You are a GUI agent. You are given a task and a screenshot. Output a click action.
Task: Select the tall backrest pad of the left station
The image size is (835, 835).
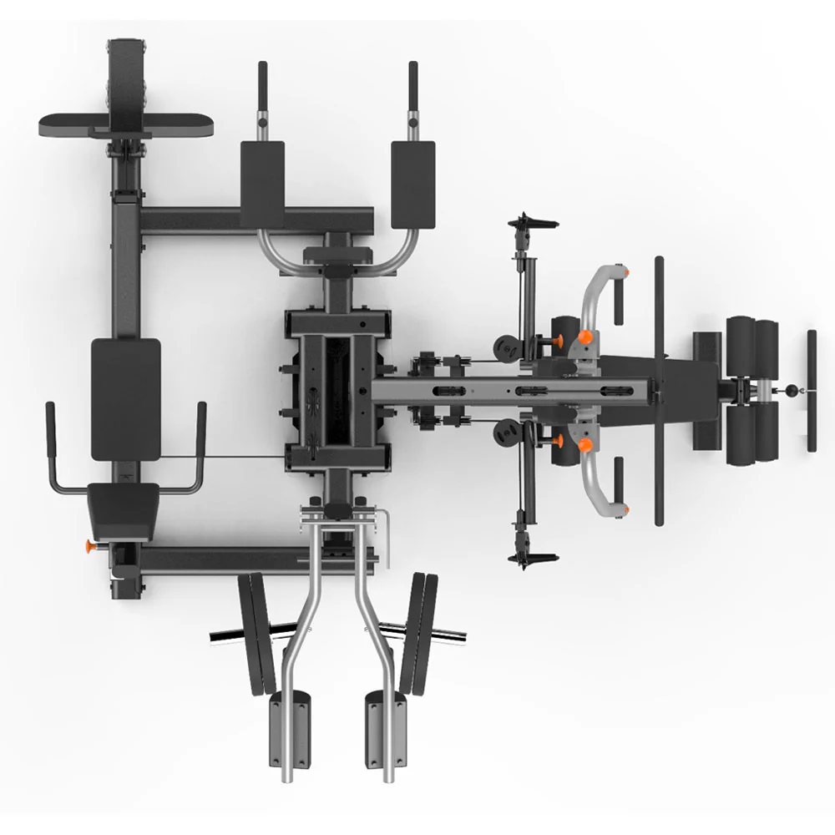pyautogui.click(x=125, y=398)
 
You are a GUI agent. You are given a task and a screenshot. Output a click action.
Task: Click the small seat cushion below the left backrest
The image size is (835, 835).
pyautogui.click(x=124, y=509)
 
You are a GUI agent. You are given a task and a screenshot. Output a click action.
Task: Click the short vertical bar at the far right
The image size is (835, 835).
pyautogui.click(x=811, y=390)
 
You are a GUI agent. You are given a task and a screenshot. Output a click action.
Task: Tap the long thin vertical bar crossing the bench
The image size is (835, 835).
pyautogui.click(x=659, y=390)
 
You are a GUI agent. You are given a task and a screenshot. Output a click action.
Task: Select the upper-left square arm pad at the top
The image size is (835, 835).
pyautogui.click(x=262, y=184)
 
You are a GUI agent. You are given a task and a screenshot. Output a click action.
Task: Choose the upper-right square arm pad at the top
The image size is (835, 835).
pyautogui.click(x=413, y=184)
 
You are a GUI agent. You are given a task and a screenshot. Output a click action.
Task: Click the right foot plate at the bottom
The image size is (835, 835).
pyautogui.click(x=386, y=733)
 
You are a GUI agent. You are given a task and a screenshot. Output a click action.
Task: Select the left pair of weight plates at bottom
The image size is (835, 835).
pyautogui.click(x=257, y=633)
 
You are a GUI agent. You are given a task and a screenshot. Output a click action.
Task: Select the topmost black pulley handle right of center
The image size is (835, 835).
pyautogui.click(x=532, y=222)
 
